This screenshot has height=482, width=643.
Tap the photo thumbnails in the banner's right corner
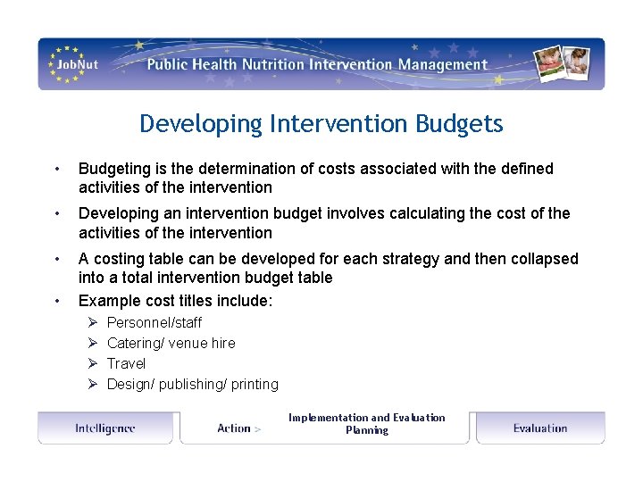[x=565, y=63]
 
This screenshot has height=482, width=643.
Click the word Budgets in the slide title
[x=459, y=123]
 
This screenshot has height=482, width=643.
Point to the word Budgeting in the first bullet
[x=112, y=169]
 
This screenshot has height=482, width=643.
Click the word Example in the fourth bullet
[x=107, y=301]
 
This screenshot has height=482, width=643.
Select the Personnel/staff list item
[x=154, y=322]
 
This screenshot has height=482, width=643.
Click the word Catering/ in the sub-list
[x=137, y=343]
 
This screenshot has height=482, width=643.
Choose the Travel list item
[x=126, y=363]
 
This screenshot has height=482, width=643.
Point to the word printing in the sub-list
[x=255, y=384]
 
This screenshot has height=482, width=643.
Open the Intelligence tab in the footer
[x=105, y=428]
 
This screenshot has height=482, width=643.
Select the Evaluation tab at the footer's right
[x=540, y=428]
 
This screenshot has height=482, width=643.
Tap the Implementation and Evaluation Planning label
[x=366, y=423]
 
